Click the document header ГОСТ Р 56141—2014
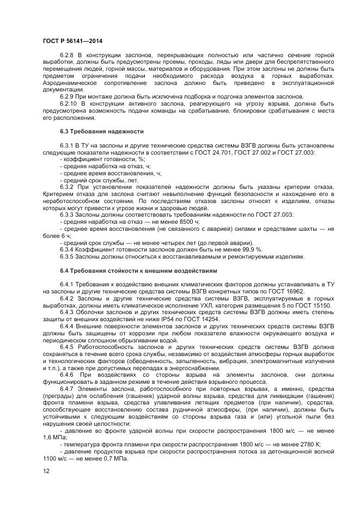pos(72,41)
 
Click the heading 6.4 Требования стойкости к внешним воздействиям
pos(138,270)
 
